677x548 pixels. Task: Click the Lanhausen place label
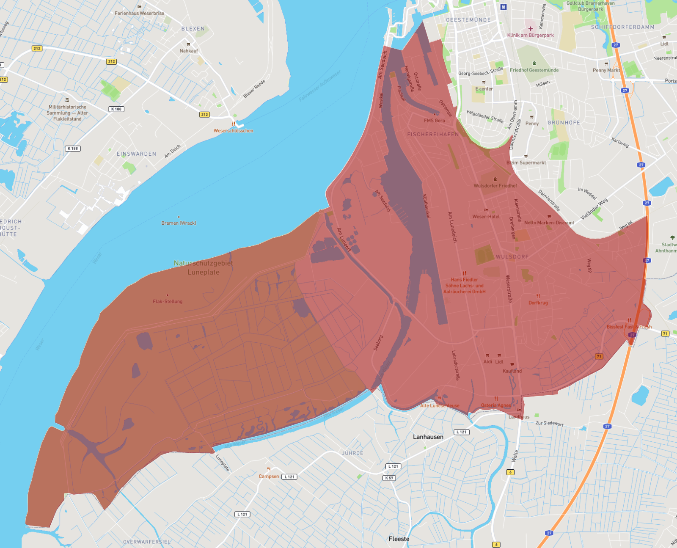click(428, 437)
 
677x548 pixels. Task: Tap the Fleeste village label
click(399, 539)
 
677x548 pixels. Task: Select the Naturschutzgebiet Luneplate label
click(203, 267)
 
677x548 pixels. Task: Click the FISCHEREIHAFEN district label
click(433, 134)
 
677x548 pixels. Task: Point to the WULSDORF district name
click(512, 257)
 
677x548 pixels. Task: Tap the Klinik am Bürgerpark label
click(530, 35)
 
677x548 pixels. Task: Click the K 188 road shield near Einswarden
click(73, 149)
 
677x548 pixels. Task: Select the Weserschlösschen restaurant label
click(233, 131)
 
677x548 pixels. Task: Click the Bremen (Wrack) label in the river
click(179, 223)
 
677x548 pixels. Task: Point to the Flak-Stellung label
click(168, 301)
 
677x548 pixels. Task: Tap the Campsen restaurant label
click(269, 476)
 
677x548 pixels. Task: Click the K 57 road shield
click(389, 478)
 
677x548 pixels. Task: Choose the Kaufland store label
click(512, 371)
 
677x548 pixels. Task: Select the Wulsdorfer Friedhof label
click(495, 186)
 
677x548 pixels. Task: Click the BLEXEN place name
click(193, 29)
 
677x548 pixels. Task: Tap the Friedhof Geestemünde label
click(534, 70)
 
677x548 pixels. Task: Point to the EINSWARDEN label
click(136, 154)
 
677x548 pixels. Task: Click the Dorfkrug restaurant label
click(538, 303)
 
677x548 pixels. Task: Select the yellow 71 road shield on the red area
click(599, 356)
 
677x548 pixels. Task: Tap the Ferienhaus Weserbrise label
click(139, 13)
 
